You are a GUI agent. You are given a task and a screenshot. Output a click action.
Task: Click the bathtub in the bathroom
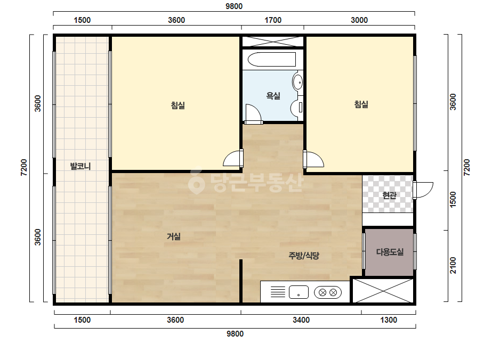click(x=272, y=59)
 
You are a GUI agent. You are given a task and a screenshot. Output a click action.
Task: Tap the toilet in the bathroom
click(x=296, y=107)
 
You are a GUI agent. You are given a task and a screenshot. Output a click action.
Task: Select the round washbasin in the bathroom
click(x=297, y=82)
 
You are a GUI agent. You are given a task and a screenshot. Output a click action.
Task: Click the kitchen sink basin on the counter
click(x=299, y=292)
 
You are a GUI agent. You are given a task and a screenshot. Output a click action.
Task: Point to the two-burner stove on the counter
click(x=328, y=292)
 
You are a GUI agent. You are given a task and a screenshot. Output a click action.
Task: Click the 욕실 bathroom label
click(x=273, y=96)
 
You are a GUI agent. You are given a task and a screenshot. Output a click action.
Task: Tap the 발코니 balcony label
click(x=80, y=166)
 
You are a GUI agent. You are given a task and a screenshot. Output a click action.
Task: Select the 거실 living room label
click(x=174, y=236)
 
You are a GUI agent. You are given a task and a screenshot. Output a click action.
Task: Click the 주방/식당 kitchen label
click(x=304, y=256)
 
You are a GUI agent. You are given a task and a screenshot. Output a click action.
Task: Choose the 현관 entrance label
click(x=390, y=195)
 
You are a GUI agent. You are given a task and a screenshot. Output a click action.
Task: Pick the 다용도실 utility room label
click(x=390, y=252)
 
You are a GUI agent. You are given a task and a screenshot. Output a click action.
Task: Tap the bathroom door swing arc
click(x=253, y=113)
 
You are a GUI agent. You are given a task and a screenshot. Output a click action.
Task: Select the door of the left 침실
click(x=233, y=159)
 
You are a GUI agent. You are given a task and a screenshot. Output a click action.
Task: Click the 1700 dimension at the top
click(x=273, y=20)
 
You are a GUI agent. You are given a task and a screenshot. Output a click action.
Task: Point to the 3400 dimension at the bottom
click(x=301, y=320)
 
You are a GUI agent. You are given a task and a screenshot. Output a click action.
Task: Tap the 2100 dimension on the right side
click(x=453, y=265)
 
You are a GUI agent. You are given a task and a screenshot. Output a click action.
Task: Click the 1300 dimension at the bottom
click(x=389, y=320)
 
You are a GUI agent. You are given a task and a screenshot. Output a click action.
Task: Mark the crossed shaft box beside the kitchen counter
click(x=383, y=291)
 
